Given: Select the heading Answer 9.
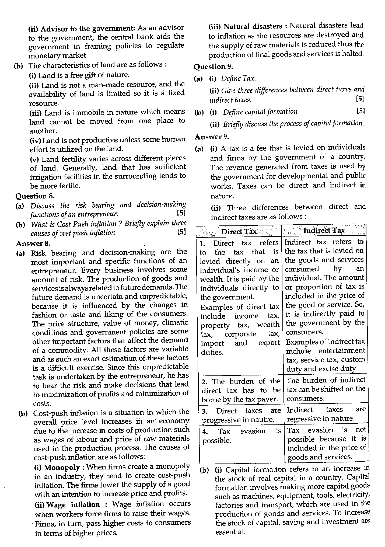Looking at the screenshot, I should [212, 137].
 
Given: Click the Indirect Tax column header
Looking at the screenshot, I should [324, 231].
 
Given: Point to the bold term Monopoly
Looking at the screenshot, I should [62, 467].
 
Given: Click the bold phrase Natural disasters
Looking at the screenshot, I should [253, 26].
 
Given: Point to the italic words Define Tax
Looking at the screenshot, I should [238, 78].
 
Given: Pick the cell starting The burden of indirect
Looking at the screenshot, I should [326, 389].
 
